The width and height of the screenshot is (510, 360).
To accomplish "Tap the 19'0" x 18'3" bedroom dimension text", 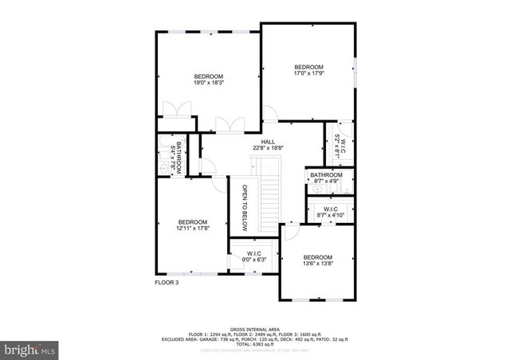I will (209, 82).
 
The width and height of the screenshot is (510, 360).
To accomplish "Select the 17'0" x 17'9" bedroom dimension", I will (308, 73).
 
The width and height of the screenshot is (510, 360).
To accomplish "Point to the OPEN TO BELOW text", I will (245, 208).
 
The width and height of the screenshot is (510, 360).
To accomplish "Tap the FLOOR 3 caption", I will (167, 282).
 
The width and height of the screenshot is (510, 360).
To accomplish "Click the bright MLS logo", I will (31, 349).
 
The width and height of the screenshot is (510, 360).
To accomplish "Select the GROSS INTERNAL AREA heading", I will (254, 328).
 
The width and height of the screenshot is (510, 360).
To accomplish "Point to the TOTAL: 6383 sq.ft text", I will (255, 344).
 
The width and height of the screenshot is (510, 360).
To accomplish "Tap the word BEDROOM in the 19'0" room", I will (209, 76).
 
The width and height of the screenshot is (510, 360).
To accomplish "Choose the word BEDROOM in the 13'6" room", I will (317, 256).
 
